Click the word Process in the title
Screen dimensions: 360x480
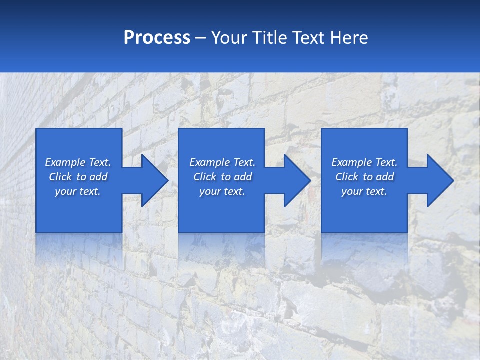coord(157,38)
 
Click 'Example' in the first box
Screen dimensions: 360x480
coord(65,162)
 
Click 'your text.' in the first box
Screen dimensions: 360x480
coord(78,191)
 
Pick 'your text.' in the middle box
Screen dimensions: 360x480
coord(222,191)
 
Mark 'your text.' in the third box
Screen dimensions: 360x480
coord(364,191)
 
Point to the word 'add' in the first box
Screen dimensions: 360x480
coord(98,177)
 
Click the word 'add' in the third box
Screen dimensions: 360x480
coord(385,177)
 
